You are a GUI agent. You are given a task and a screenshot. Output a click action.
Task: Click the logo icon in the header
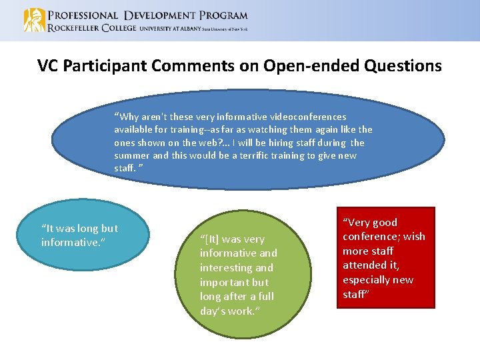coord(34,20)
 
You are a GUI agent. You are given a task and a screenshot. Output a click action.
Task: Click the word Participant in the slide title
coord(109,65)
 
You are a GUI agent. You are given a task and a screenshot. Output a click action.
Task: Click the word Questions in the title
coord(403,65)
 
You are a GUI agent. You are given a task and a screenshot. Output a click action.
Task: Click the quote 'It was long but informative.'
coord(79,235)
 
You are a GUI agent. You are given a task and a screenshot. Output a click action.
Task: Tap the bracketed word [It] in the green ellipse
coord(211,239)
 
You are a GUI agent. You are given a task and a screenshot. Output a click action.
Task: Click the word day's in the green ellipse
coord(215,311)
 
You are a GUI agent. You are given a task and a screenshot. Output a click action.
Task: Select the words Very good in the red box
coord(370,222)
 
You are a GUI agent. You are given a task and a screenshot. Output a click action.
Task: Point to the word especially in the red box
coord(369,279)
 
